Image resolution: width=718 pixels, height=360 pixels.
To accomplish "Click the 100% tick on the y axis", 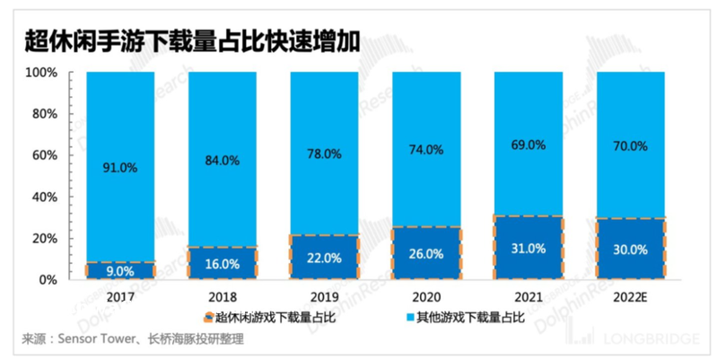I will pos(41,72).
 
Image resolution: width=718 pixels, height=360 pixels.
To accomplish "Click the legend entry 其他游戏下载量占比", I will pos(457,317).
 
